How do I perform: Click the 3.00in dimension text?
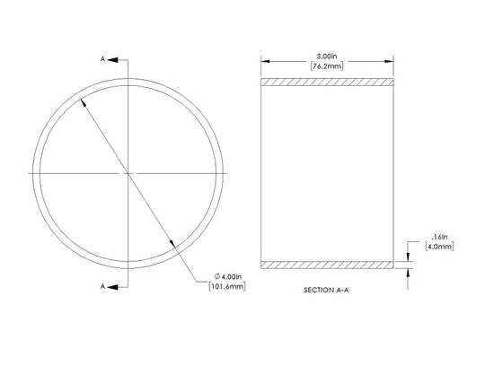pos(327,57)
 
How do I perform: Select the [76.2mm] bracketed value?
pos(327,65)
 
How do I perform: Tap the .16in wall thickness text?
pos(439,237)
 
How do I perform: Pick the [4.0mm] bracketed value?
pos(439,247)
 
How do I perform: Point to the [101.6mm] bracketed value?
pos(227,286)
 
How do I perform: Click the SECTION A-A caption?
pos(326,290)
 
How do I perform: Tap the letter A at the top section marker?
pos(102,59)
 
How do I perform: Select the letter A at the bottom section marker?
pos(102,287)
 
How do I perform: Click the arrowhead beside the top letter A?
pos(112,59)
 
